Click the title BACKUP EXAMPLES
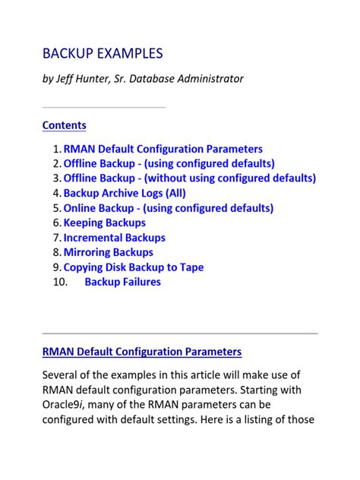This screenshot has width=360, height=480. (x=103, y=54)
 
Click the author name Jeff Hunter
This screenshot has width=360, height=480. (x=90, y=79)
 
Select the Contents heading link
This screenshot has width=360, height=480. (x=64, y=125)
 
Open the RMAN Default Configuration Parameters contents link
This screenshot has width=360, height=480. (x=163, y=149)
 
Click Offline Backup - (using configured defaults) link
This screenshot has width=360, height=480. (x=169, y=163)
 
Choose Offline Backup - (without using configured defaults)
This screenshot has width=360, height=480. (x=189, y=178)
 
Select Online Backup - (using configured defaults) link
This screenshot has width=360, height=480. (x=168, y=208)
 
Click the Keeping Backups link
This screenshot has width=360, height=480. (x=104, y=223)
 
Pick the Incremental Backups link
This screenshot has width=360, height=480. (x=114, y=238)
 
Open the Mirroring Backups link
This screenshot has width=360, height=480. (x=108, y=252)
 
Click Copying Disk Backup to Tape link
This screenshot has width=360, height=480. (x=133, y=267)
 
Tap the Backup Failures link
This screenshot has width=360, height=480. (x=122, y=282)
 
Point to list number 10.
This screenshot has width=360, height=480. (x=51, y=282)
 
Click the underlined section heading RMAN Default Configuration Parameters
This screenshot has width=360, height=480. (x=142, y=352)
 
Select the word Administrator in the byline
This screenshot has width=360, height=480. (x=209, y=79)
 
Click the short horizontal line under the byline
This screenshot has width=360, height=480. (x=103, y=107)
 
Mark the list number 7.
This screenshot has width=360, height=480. (x=56, y=238)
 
